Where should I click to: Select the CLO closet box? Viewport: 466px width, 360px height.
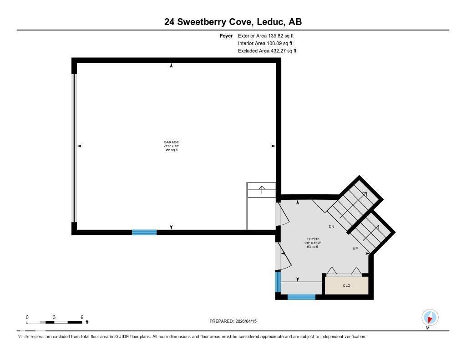pyautogui.click(x=346, y=285)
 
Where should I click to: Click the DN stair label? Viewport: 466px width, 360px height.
pyautogui.click(x=332, y=226)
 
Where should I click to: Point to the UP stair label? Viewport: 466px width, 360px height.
pyautogui.click(x=355, y=248)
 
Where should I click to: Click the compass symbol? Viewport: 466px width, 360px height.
pyautogui.click(x=430, y=317)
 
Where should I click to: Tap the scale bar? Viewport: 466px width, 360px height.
pyautogui.click(x=54, y=322)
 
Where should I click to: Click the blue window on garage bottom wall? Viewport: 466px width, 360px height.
pyautogui.click(x=144, y=232)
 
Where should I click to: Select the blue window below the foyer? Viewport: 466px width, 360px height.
pyautogui.click(x=301, y=297)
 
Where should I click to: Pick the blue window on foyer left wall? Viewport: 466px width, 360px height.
pyautogui.click(x=278, y=281)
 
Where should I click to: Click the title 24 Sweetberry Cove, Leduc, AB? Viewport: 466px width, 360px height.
pyautogui.click(x=233, y=22)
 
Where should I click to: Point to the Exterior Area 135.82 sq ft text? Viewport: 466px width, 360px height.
pyautogui.click(x=269, y=35)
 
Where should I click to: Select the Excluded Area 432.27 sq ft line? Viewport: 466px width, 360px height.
pyautogui.click(x=267, y=51)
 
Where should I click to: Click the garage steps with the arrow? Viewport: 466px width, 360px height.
pyautogui.click(x=262, y=190)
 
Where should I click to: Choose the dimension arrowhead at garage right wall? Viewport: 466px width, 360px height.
pyautogui.click(x=273, y=146)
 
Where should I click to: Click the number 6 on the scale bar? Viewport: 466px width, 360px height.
pyautogui.click(x=82, y=317)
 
